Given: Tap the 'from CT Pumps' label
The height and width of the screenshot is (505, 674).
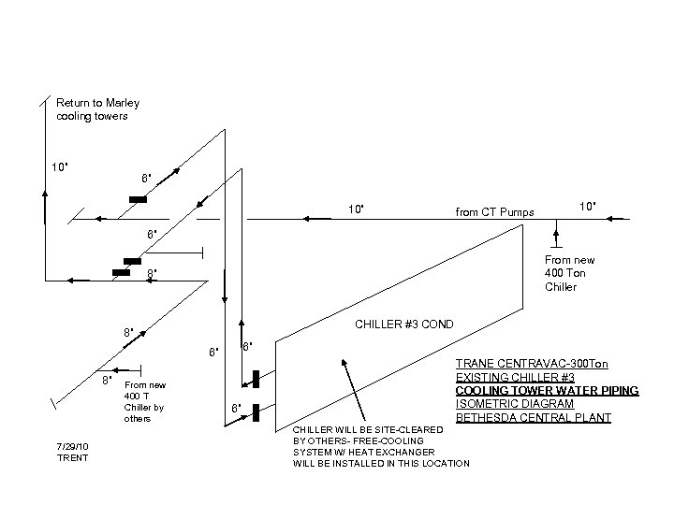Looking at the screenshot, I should click(x=494, y=212).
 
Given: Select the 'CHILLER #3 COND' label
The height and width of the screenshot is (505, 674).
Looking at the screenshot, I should click(x=403, y=325).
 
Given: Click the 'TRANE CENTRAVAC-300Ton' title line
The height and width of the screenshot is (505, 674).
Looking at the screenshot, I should click(x=531, y=362).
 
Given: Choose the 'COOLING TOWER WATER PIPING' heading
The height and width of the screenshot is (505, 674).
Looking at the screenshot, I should click(x=547, y=390).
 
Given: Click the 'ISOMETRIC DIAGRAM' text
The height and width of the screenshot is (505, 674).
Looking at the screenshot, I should click(x=514, y=404).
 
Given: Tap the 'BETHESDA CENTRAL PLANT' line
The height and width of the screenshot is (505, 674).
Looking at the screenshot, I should click(x=533, y=418).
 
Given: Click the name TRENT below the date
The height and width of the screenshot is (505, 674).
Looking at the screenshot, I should click(x=73, y=457).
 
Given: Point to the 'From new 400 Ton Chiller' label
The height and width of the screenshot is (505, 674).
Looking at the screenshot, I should click(x=569, y=273).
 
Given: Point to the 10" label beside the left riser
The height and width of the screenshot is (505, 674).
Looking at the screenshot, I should click(x=59, y=167).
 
